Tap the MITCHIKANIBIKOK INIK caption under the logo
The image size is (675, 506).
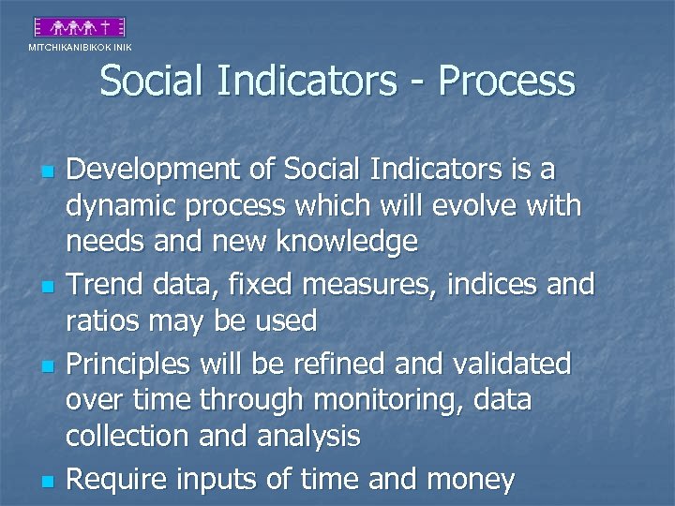click(x=80, y=47)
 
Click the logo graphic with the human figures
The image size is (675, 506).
click(x=80, y=27)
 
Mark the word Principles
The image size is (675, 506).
click(x=129, y=364)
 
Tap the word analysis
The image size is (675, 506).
click(x=307, y=436)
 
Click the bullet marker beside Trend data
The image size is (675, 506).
click(x=45, y=284)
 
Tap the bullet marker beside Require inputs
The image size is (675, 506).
click(x=45, y=482)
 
